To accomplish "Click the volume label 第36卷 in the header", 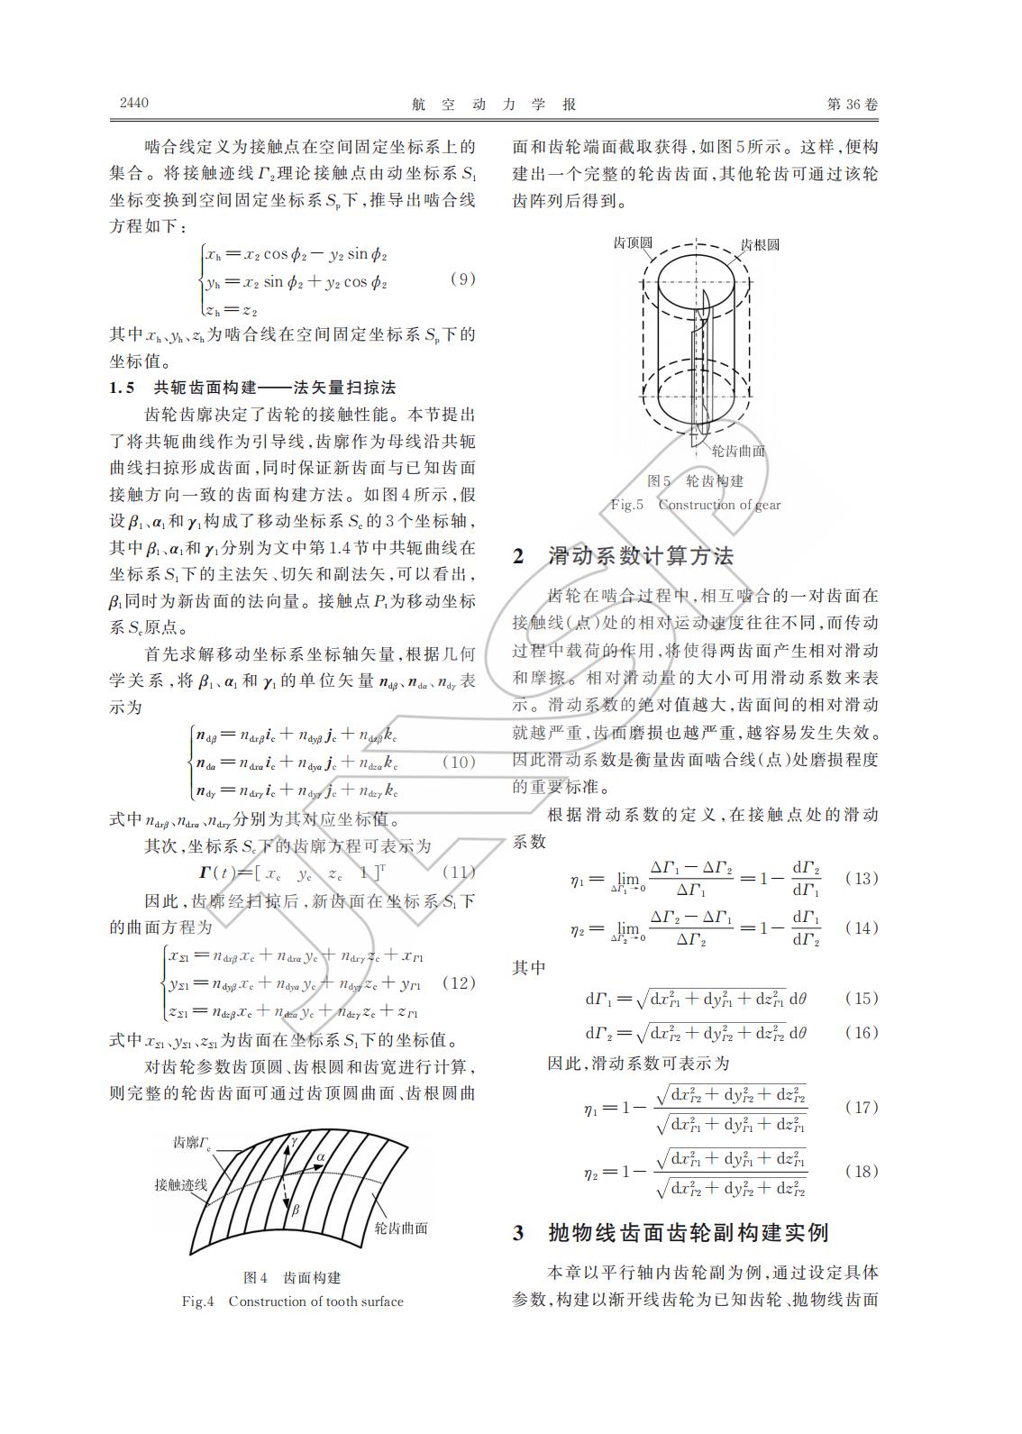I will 851,105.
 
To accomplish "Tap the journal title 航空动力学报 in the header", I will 493,105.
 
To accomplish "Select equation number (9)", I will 461,279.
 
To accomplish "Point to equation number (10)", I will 459,762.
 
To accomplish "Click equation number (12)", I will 459,982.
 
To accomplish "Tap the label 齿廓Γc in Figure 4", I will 192,1143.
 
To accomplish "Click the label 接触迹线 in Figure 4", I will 180,1184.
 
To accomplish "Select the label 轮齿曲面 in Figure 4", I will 400,1228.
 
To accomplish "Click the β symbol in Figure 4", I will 295,1210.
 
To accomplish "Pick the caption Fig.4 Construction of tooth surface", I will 292,1301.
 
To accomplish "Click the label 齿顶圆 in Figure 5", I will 633,243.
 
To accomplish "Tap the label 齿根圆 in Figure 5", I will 760,244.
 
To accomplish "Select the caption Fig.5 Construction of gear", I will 696,505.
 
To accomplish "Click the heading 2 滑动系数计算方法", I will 624,556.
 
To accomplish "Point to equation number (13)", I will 861,878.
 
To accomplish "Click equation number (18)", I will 861,1171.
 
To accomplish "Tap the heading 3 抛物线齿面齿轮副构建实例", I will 671,1232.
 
